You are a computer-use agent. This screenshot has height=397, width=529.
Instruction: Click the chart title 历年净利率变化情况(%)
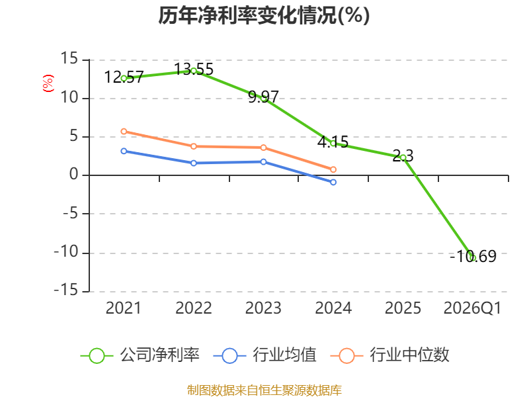click(264, 15)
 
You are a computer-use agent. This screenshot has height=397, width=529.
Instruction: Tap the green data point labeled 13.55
click(194, 71)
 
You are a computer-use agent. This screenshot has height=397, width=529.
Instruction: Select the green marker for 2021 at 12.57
click(124, 78)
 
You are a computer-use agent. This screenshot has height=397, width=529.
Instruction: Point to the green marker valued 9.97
click(263, 99)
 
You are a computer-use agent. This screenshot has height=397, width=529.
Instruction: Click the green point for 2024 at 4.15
click(333, 143)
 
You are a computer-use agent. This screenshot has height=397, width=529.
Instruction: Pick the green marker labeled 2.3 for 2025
click(403, 157)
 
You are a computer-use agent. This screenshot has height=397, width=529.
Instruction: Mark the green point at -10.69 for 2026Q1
click(473, 258)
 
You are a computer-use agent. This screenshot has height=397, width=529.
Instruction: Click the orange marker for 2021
click(124, 131)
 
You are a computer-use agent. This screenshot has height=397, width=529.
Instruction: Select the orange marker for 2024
click(333, 169)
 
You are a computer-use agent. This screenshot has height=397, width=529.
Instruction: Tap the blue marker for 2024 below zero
click(333, 183)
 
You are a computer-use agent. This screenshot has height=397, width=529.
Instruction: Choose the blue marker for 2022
click(194, 163)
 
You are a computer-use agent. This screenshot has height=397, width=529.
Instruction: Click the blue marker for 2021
click(124, 152)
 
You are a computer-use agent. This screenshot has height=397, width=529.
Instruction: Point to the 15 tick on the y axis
click(69, 59)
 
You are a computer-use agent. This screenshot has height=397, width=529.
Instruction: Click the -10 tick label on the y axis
click(66, 252)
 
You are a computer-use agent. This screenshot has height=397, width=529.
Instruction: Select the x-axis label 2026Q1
click(472, 308)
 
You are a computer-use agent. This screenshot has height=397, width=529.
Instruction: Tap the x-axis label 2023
click(263, 308)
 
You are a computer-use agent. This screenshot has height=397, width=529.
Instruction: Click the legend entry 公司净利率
click(140, 355)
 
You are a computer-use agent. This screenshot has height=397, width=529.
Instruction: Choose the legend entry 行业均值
click(265, 355)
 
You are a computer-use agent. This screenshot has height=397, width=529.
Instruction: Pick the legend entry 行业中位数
click(390, 355)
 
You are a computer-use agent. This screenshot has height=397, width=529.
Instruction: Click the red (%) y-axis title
click(48, 83)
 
